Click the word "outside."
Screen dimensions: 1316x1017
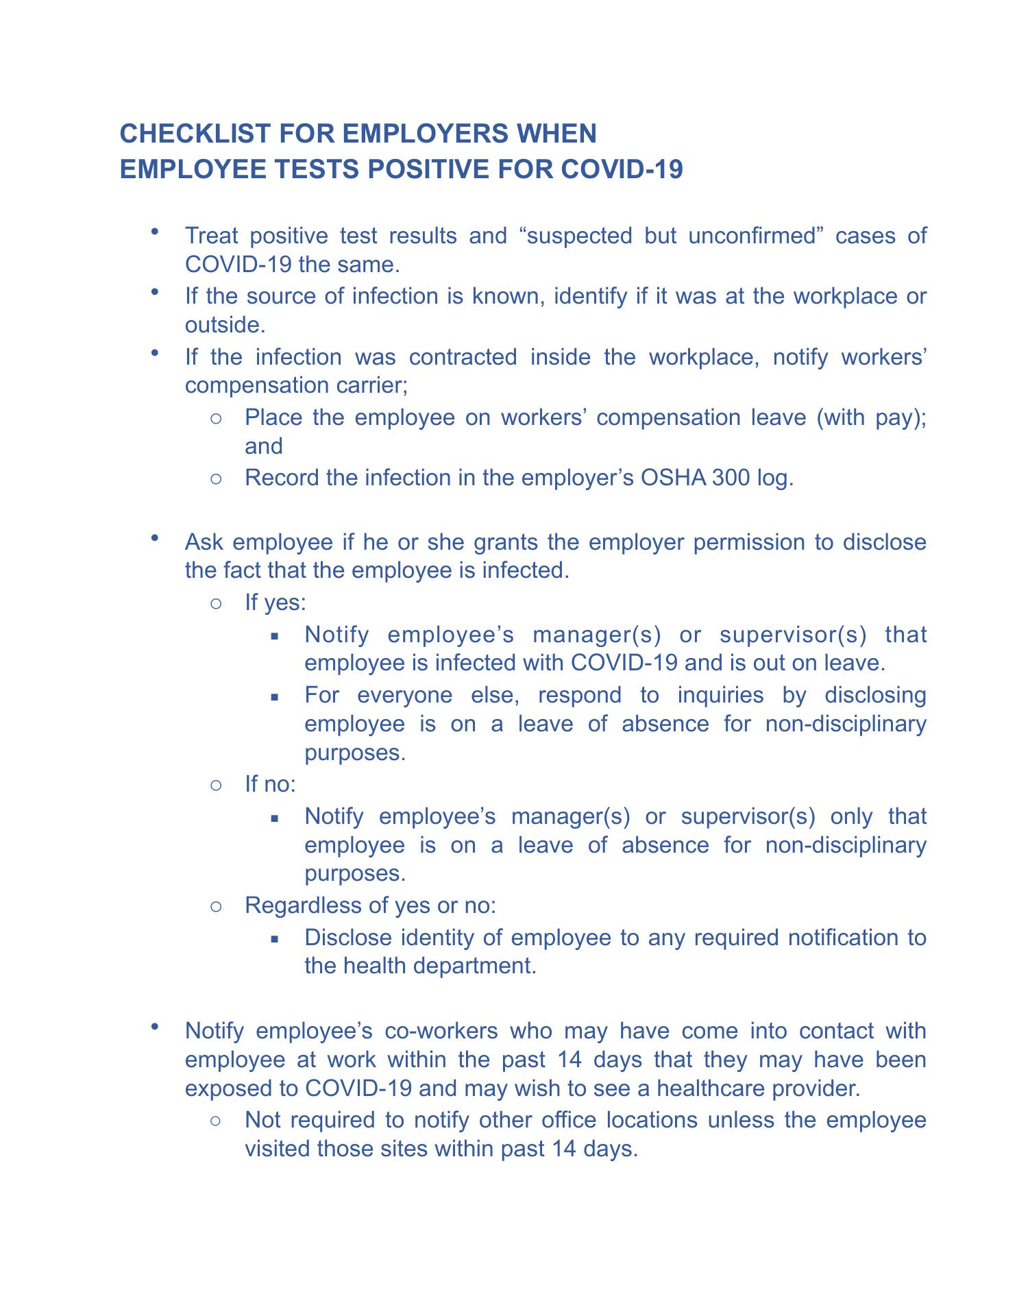click(225, 325)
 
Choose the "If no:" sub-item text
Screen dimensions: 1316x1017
click(270, 783)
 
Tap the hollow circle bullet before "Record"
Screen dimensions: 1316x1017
click(215, 478)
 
